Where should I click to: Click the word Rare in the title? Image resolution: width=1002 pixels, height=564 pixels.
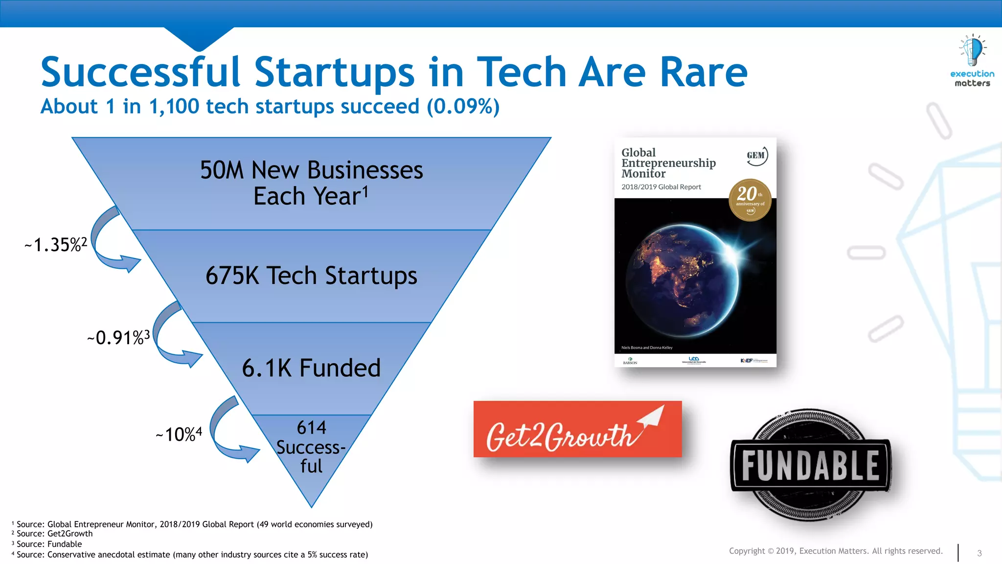[703, 72]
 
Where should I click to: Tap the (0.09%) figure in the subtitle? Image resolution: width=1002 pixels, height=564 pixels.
[463, 106]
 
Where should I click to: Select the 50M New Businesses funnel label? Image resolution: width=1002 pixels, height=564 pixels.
[311, 170]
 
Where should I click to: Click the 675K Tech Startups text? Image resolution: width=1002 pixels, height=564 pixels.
[311, 276]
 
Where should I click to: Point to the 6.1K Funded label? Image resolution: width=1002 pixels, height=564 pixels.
[311, 368]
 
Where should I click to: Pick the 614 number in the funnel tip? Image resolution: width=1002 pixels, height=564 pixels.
[311, 427]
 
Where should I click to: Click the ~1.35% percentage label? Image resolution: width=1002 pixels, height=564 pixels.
[56, 244]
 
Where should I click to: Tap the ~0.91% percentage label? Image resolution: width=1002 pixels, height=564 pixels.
[118, 337]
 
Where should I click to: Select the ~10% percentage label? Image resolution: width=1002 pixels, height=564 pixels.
[179, 434]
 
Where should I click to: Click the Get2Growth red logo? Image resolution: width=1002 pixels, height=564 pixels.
[577, 429]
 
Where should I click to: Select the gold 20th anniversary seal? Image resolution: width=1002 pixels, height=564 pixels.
[750, 200]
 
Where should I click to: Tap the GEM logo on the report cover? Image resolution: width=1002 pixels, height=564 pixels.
[756, 156]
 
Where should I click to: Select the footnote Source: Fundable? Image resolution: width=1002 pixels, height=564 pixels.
[49, 544]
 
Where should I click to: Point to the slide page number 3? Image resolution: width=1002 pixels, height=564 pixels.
[979, 553]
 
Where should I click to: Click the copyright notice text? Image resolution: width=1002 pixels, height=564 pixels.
[835, 551]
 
